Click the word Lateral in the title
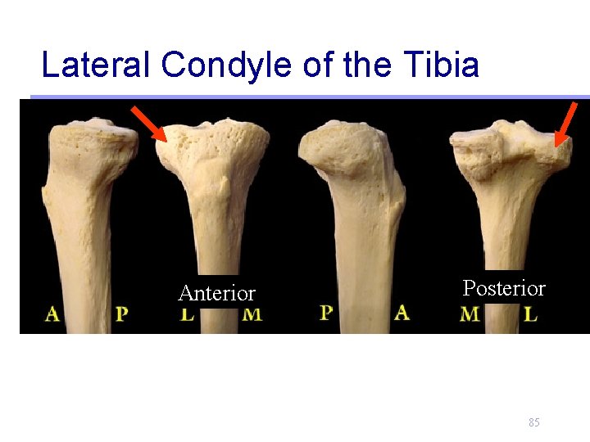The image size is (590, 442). click(94, 64)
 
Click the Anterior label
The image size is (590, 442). click(217, 293)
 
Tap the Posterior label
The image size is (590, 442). click(504, 288)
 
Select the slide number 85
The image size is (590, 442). click(534, 422)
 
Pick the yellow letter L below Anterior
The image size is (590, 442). click(188, 313)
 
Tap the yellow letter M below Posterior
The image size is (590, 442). click(470, 313)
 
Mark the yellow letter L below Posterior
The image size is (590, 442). click(531, 313)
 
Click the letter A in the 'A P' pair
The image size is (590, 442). click(53, 313)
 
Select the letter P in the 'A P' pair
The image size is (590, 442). click(121, 313)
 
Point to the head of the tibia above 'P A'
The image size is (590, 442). click(340, 147)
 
